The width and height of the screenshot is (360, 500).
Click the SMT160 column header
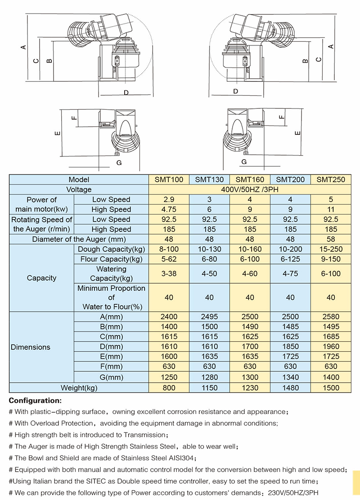click(x=250, y=179)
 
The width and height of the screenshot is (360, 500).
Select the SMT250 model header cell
click(x=331, y=179)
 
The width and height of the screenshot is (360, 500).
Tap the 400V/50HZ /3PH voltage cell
click(x=250, y=189)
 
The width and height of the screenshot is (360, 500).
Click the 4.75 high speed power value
click(x=169, y=209)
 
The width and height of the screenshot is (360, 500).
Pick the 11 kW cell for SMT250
click(x=331, y=209)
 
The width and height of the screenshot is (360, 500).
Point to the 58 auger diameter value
click(x=331, y=239)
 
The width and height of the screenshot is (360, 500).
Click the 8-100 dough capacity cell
click(x=169, y=249)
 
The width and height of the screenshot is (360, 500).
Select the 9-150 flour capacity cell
click(x=331, y=259)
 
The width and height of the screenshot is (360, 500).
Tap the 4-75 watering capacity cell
click(x=290, y=273)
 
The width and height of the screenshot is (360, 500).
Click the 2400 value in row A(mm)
click(x=169, y=317)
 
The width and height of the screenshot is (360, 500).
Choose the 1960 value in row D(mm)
click(x=331, y=347)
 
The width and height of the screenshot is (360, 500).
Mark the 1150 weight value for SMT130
click(x=209, y=388)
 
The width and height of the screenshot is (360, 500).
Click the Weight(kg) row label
click(x=79, y=388)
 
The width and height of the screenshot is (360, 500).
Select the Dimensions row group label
click(x=31, y=347)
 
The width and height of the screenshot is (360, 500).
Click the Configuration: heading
click(x=35, y=400)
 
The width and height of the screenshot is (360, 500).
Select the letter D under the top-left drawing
click(x=126, y=93)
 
